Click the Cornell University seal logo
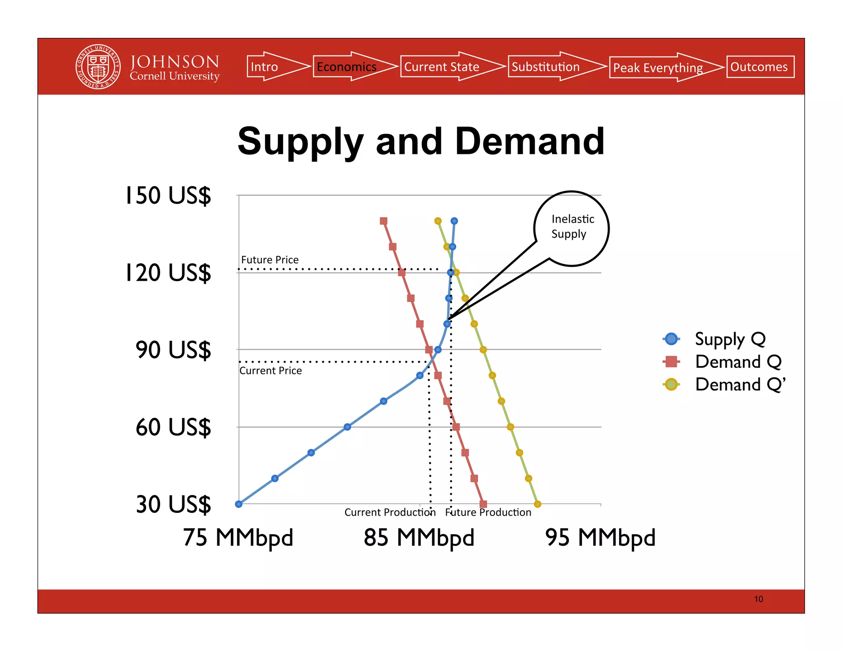[98, 67]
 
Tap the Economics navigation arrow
[350, 67]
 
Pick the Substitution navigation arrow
[552, 67]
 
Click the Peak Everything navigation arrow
[661, 67]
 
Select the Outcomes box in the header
[760, 67]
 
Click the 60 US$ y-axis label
[173, 427]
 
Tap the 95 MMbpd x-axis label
[600, 537]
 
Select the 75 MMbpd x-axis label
[238, 537]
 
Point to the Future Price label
[270, 260]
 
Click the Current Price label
[270, 371]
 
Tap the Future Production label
[488, 512]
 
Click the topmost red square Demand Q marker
[384, 221]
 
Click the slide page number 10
[758, 599]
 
